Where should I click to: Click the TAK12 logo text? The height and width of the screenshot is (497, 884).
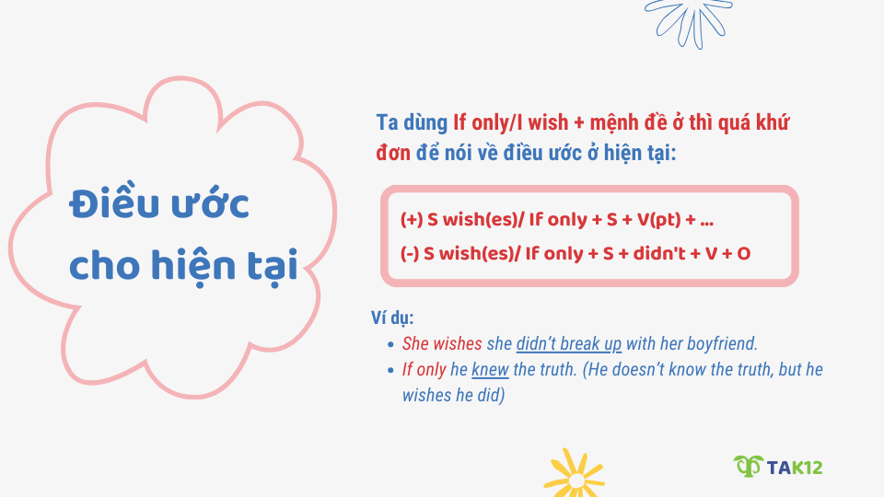(796, 468)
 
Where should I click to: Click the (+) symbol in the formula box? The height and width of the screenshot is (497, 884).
(411, 220)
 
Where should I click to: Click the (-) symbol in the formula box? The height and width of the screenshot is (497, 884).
(410, 253)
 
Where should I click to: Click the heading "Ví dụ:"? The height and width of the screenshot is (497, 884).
(392, 318)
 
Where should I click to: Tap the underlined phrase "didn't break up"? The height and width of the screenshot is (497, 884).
(568, 343)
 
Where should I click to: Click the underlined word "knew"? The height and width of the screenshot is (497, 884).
(490, 369)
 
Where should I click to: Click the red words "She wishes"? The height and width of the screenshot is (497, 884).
(442, 343)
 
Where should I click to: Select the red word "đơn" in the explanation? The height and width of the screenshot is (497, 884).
(393, 152)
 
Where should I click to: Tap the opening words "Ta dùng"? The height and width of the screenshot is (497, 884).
(412, 123)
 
